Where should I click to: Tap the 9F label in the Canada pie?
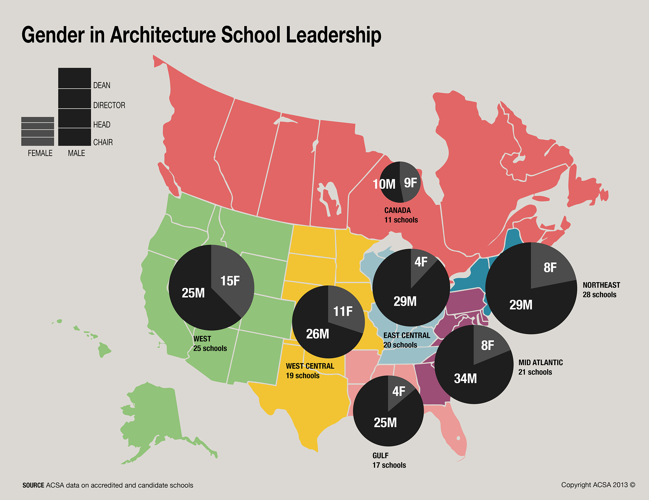tap(410, 183)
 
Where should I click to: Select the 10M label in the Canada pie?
tap(384, 184)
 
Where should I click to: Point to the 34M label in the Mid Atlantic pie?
tap(465, 378)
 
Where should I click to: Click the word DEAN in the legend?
tap(102, 85)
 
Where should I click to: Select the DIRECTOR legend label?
tap(109, 105)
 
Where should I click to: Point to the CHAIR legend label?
tap(103, 142)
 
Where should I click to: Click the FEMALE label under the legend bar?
tap(40, 153)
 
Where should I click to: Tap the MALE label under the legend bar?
tap(76, 153)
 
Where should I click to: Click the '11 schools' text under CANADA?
tap(401, 220)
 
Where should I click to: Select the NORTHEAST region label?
tap(601, 285)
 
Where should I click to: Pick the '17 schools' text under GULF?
tap(389, 465)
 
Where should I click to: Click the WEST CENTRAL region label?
tap(310, 366)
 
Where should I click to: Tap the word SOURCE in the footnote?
tap(33, 485)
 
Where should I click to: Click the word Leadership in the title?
tap(333, 35)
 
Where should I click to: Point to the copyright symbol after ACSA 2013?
tap(632, 485)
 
